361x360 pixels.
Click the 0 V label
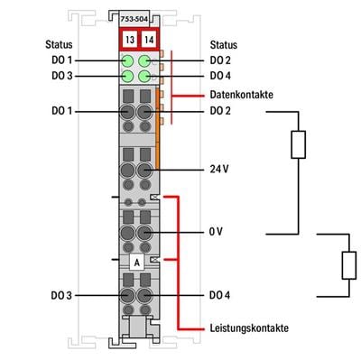click(216, 231)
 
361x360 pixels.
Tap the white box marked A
click(136, 262)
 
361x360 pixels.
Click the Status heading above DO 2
click(224, 43)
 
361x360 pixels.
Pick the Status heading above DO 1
click(59, 43)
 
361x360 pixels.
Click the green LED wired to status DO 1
click(127, 61)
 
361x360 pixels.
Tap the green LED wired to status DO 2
click(144, 61)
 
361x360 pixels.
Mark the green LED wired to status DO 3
click(127, 77)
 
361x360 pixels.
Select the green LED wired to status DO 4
click(144, 77)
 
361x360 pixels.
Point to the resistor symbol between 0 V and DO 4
click(347, 265)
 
